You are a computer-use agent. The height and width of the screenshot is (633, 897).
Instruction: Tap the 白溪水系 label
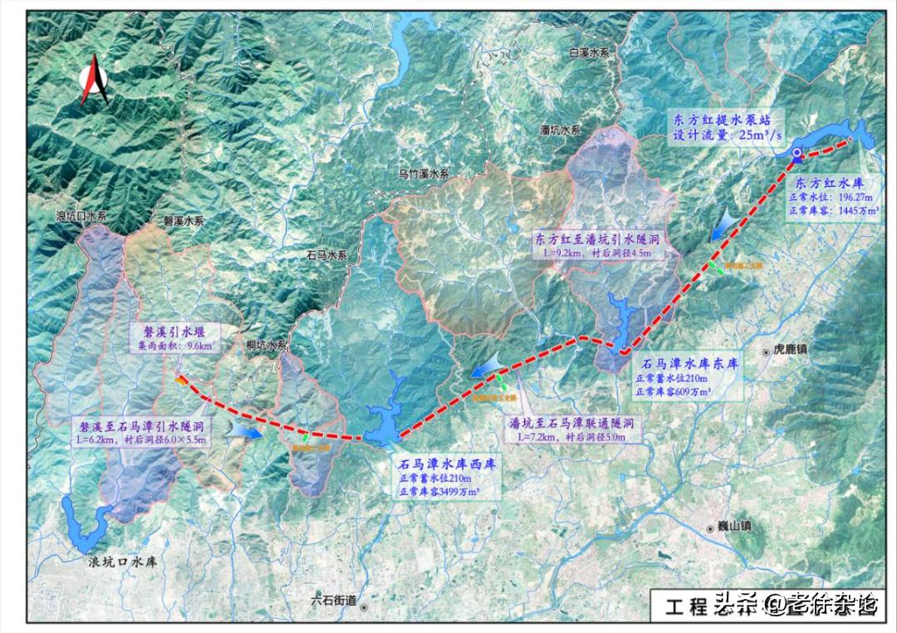[589, 52]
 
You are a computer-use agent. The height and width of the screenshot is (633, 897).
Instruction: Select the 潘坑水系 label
[561, 130]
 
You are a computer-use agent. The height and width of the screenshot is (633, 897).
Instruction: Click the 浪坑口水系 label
[81, 216]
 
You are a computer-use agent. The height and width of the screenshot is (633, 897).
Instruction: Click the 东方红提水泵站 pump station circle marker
[797, 153]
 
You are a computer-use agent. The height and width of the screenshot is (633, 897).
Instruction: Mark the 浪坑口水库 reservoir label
[123, 562]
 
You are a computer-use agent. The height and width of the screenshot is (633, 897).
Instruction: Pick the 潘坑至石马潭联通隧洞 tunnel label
[572, 422]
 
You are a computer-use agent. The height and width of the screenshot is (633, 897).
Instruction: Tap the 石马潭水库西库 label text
[447, 464]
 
